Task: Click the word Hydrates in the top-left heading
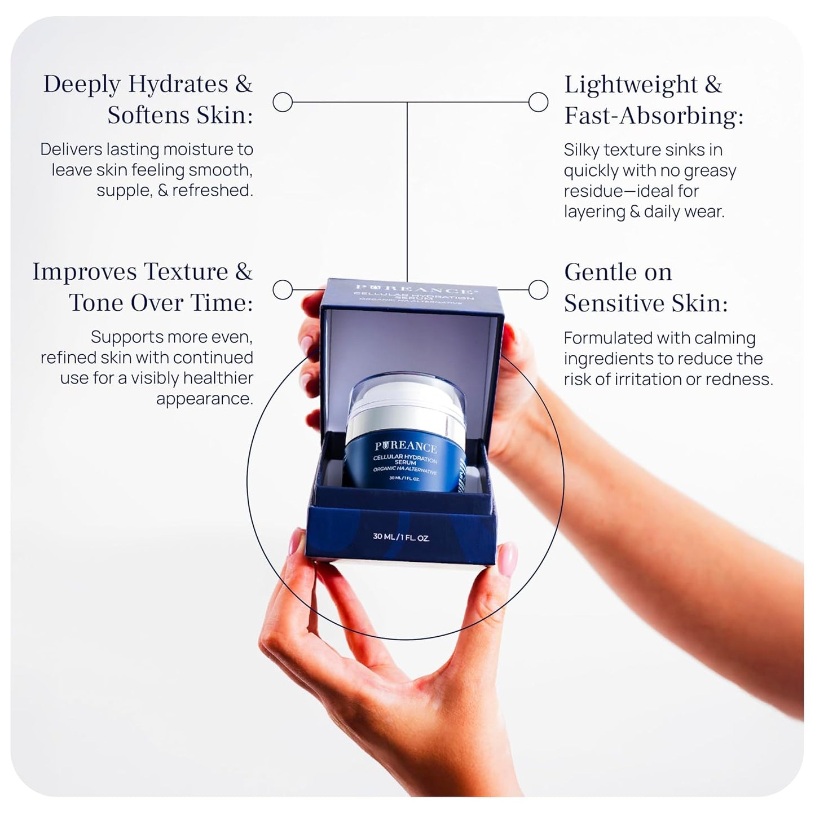(x=178, y=84)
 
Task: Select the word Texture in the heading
(x=186, y=271)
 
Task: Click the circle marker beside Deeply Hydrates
(x=283, y=102)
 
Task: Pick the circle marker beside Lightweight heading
(x=538, y=102)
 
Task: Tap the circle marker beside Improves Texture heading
(x=283, y=290)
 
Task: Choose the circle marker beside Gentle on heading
(x=538, y=290)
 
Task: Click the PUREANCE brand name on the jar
(x=406, y=447)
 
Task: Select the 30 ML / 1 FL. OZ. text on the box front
(x=401, y=537)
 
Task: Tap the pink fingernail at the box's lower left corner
(x=296, y=541)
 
